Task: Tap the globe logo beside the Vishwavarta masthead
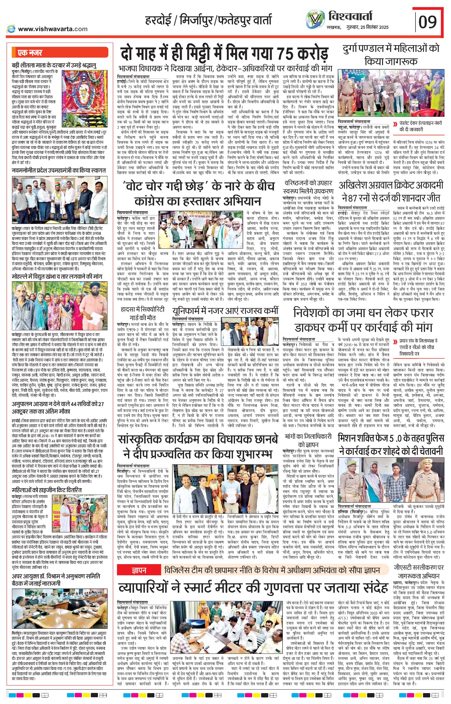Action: point(315,19)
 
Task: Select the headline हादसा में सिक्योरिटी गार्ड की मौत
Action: point(143,313)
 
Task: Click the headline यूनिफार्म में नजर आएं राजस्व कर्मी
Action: point(225,311)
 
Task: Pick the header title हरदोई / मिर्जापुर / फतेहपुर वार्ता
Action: point(208,20)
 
